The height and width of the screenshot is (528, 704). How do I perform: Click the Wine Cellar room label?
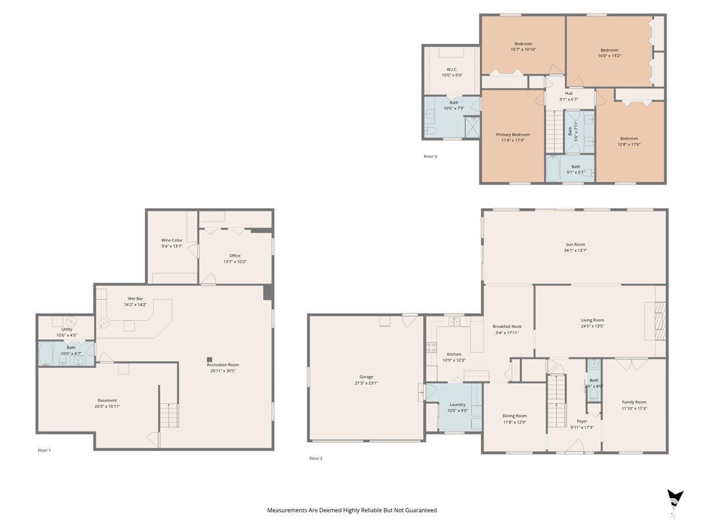tap(171, 240)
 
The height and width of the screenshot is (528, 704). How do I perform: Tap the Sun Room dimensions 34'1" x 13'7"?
tap(575, 251)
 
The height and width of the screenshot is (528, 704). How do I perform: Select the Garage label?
tap(366, 377)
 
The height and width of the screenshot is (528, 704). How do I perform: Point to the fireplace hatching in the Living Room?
tap(660, 321)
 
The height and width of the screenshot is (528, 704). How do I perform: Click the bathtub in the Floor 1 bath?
tap(46, 354)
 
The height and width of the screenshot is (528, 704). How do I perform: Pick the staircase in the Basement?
tap(169, 415)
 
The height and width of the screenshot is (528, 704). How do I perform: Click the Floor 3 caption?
tap(430, 157)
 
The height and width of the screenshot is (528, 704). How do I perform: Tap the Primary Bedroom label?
tap(513, 135)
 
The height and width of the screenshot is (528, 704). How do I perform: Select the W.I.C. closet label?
tap(452, 70)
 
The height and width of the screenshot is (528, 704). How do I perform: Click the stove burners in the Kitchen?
tap(431, 347)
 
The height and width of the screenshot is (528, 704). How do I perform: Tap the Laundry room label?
tap(457, 405)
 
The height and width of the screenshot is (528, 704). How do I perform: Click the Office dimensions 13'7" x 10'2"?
tap(235, 262)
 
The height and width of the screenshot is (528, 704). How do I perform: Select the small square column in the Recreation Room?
tap(209, 360)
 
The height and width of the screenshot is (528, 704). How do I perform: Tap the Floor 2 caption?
tap(316, 458)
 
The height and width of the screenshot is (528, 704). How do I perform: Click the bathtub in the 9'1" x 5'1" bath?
tap(553, 169)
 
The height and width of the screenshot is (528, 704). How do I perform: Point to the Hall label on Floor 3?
tap(568, 94)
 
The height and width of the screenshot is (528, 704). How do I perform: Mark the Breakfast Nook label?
tap(507, 327)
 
